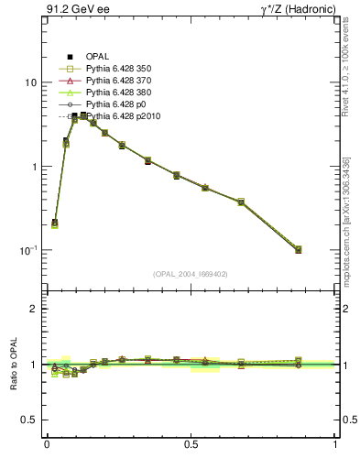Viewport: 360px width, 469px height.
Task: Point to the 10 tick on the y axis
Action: [x=30, y=82]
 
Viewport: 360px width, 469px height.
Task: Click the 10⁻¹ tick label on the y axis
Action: [x=28, y=250]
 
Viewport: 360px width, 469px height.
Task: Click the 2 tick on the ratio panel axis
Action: [x=34, y=309]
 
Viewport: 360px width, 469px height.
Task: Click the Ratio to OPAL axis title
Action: [x=12, y=365]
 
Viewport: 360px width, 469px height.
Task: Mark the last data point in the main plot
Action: [x=299, y=249]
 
